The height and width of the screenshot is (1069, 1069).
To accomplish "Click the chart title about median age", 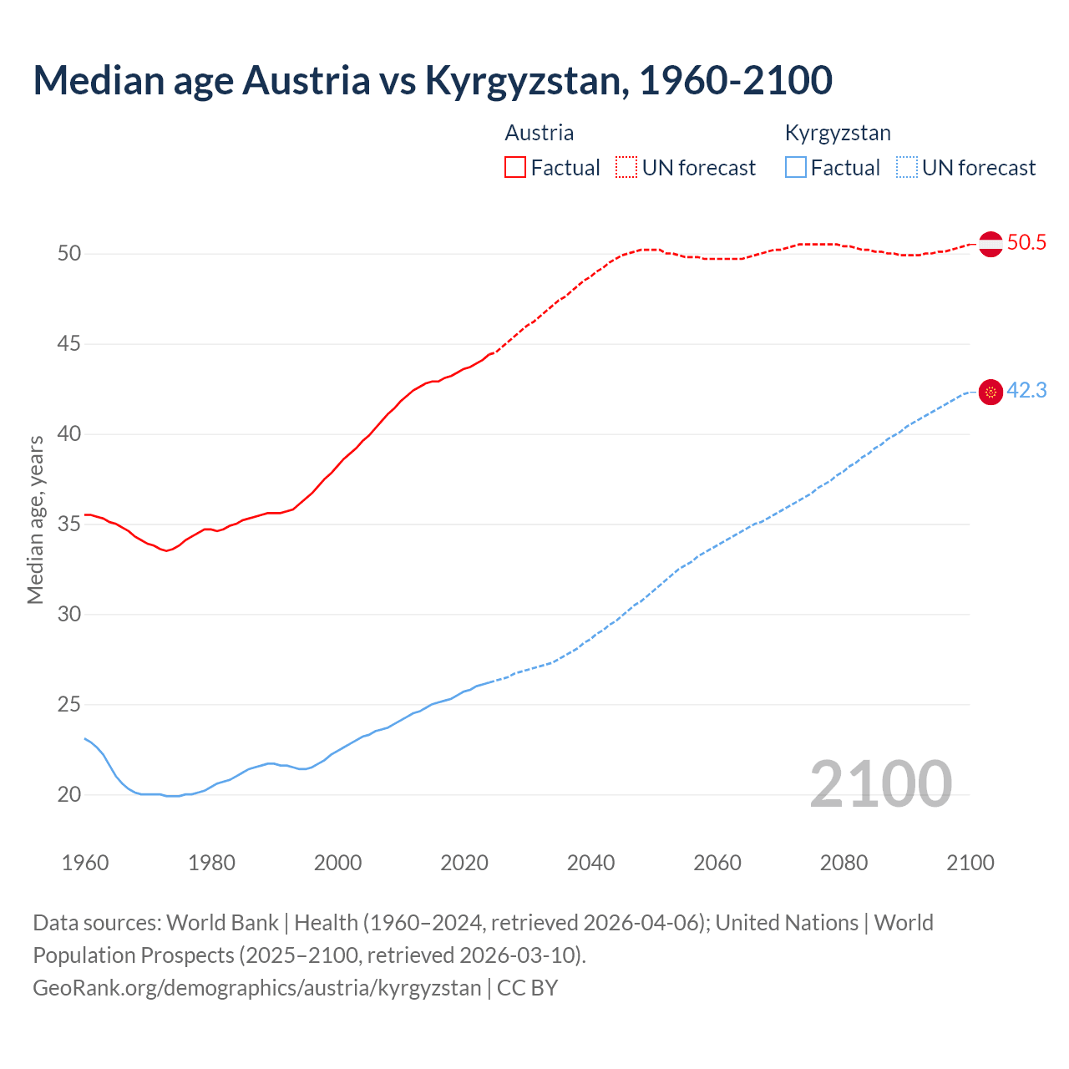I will [x=433, y=80].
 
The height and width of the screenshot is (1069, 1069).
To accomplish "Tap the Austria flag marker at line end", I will [x=990, y=244].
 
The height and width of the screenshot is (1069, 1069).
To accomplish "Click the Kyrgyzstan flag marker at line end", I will [x=990, y=392].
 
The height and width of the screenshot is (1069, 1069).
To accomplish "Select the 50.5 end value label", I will [x=1026, y=243].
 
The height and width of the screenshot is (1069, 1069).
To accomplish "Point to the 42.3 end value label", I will [x=1026, y=391].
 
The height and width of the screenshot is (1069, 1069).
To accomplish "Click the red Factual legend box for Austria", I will [x=515, y=168].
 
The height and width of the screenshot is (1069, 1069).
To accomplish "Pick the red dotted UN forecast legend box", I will [x=626, y=168].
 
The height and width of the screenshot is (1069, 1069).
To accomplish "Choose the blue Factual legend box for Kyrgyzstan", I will [x=796, y=168].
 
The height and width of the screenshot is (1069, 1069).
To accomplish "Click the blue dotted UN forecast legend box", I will [x=907, y=168].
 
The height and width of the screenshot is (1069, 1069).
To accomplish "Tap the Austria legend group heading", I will [x=540, y=133].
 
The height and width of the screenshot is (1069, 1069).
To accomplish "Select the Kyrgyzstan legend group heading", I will [x=838, y=133].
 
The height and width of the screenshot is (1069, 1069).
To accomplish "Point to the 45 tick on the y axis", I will [x=69, y=344].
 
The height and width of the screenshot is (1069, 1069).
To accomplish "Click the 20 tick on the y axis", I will [x=69, y=795].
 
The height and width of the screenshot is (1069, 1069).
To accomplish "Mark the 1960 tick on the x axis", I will [x=85, y=863].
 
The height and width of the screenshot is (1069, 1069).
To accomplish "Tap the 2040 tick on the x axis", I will [x=590, y=863].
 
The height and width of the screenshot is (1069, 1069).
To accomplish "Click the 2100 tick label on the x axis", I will [x=970, y=863].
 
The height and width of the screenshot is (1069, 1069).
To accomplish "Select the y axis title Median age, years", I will [x=35, y=519].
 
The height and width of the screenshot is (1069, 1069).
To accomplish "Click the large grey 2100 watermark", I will [x=880, y=784].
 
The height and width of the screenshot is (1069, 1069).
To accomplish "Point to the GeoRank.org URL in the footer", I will [x=256, y=988].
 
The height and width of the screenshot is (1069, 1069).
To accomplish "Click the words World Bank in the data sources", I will [x=222, y=923].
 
